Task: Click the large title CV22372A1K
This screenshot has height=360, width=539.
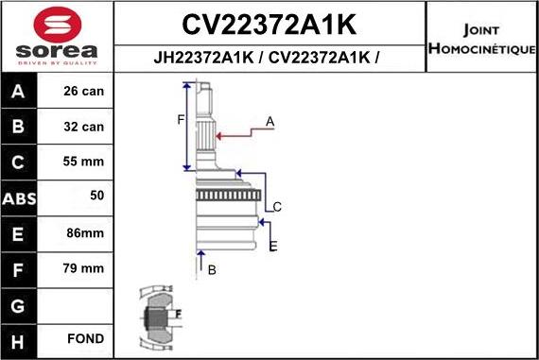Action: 269,21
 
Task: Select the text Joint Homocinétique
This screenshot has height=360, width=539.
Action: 481,37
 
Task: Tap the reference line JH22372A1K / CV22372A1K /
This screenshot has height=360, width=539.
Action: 269,57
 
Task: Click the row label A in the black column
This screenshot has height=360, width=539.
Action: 20,93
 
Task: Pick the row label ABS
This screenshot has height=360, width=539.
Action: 20,197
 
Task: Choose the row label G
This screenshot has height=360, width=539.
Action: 20,305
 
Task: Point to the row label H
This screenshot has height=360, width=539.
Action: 20,339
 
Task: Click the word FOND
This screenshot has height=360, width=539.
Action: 85,339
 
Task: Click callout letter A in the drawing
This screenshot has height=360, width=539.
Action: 269,121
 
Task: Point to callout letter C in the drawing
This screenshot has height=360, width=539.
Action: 277,207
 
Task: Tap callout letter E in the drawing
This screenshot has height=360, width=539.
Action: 273,246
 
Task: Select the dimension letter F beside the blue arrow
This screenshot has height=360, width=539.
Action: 181,119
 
